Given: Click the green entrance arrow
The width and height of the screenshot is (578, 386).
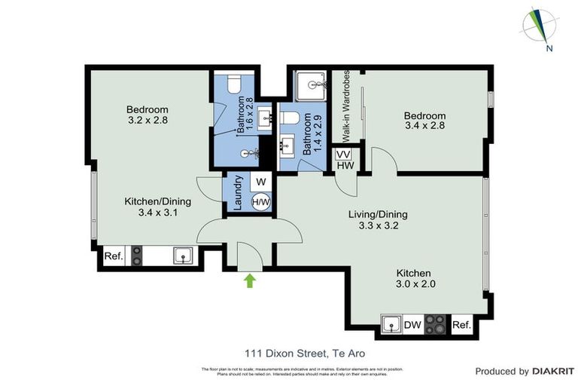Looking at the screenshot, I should click(250, 281).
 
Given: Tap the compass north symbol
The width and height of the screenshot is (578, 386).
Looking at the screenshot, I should click(541, 26).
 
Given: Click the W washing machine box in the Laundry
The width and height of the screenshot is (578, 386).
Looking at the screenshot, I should click(261, 182).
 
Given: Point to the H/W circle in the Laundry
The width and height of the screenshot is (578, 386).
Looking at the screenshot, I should click(260, 202).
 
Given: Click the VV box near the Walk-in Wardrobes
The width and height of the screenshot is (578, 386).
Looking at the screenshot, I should click(345, 154).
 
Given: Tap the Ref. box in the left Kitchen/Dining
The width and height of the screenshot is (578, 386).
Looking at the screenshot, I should click(114, 256).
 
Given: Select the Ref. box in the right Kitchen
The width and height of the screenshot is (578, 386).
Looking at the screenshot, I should click(461, 326).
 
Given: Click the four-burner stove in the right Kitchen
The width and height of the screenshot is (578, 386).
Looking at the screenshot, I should click(437, 324).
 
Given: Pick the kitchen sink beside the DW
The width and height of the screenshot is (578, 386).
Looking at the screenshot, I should click(391, 325).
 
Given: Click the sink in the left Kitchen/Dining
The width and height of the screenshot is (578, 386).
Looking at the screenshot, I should click(184, 256).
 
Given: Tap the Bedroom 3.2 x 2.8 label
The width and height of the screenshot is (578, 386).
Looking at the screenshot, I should click(148, 115).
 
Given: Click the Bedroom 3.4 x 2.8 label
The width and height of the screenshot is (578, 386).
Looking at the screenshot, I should click(424, 121).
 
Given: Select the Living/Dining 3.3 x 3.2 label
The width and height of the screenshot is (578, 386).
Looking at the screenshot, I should click(377, 219).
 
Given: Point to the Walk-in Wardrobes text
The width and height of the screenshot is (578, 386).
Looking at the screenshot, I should click(346, 106).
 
